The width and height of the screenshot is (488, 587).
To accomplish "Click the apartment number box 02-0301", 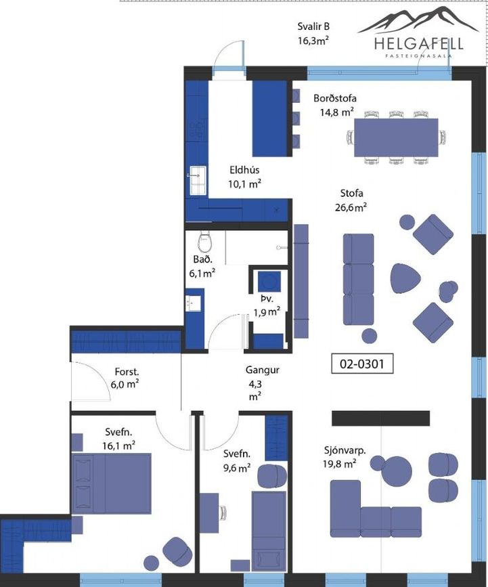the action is [362, 364].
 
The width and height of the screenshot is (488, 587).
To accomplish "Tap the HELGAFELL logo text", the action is [419, 44].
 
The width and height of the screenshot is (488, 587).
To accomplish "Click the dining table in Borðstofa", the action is [396, 137].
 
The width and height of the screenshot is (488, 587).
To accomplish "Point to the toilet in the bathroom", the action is [204, 242].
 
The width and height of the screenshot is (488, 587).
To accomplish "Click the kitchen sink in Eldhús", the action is [198, 181].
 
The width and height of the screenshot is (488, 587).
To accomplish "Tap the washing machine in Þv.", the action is [269, 282].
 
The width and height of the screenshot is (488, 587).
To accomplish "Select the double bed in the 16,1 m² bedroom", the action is [112, 483].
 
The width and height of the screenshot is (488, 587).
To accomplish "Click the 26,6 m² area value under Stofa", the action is [351, 207].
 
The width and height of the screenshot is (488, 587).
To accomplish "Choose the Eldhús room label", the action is [244, 170].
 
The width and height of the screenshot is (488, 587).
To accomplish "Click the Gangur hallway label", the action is [263, 370].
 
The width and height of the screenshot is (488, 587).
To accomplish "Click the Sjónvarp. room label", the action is [345, 450].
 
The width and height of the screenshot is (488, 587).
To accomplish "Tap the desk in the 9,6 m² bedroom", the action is [209, 513].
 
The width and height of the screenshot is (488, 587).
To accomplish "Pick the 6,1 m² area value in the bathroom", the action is [202, 274].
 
